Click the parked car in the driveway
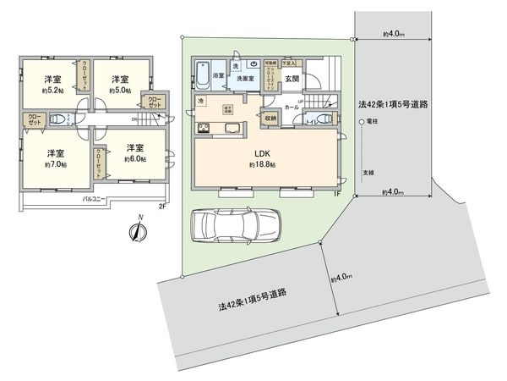pyautogui.click(x=232, y=227)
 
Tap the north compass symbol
pyautogui.click(x=139, y=230)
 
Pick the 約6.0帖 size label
pyautogui.click(x=136, y=158)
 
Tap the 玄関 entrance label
pyautogui.click(x=292, y=79)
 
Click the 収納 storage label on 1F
pyautogui.click(x=271, y=119)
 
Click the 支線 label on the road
pyautogui.click(x=370, y=172)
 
